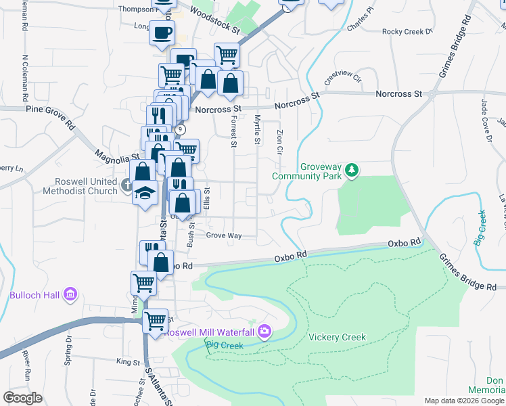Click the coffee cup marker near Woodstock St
(162, 32)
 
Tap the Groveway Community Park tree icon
(351, 169)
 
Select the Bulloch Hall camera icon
(70, 295)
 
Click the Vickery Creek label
(337, 337)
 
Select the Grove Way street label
(224, 235)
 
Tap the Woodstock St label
(214, 20)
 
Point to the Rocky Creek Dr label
(407, 31)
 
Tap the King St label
(127, 362)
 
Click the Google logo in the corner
(22, 398)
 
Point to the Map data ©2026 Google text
(464, 401)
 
